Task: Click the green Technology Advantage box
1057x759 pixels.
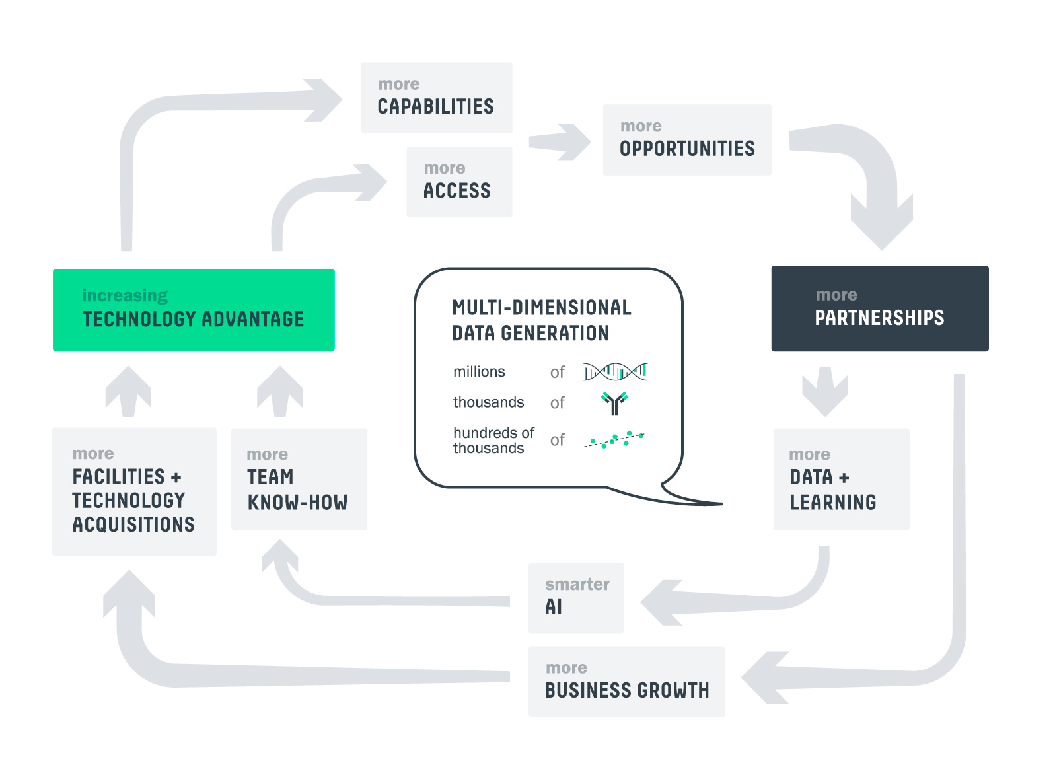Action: click(194, 310)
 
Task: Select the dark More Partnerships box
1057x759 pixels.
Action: click(879, 308)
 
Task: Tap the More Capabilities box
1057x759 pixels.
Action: click(436, 98)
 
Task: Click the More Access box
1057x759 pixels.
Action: click(458, 182)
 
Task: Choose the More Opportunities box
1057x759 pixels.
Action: click(687, 140)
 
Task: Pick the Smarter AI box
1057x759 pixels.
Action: click(575, 598)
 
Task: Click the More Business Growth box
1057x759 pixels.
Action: click(626, 681)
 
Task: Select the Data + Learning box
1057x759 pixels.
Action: click(841, 479)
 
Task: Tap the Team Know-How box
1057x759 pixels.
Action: click(299, 479)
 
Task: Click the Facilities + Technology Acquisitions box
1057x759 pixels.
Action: click(134, 491)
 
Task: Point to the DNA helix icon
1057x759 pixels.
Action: click(615, 372)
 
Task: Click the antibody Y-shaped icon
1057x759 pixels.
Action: click(614, 402)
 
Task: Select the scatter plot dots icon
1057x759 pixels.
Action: click(614, 439)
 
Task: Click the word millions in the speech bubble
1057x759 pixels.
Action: click(479, 372)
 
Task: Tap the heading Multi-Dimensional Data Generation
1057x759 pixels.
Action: click(541, 320)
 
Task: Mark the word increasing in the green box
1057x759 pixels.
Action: click(125, 295)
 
